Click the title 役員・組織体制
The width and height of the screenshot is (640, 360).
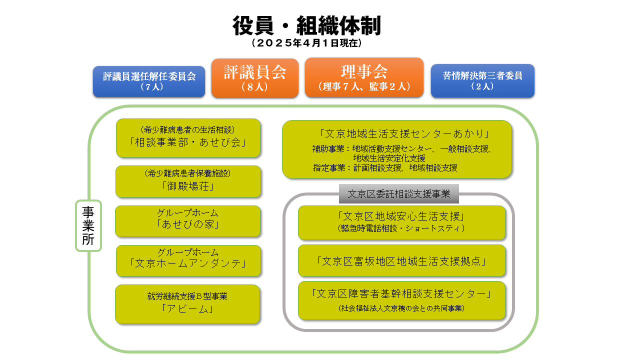click(x=306, y=25)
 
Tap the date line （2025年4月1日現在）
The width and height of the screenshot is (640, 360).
click(x=306, y=43)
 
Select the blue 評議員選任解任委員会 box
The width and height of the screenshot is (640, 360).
click(x=149, y=81)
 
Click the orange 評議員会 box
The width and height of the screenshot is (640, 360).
click(x=255, y=78)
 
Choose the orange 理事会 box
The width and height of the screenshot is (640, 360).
click(x=364, y=77)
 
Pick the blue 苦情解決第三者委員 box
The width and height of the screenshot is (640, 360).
click(x=482, y=80)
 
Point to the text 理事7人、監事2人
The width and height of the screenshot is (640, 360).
click(x=364, y=86)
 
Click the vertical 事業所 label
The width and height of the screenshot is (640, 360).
click(x=88, y=225)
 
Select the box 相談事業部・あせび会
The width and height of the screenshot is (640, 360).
click(x=188, y=138)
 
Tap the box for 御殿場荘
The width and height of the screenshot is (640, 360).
click(x=188, y=181)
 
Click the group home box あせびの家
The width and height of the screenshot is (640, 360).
click(x=187, y=221)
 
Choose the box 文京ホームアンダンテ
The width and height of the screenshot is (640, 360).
click(x=188, y=260)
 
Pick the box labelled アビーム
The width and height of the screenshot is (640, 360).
click(x=187, y=304)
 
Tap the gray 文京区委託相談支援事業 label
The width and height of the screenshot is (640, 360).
click(x=399, y=193)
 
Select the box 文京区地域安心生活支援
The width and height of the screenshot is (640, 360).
click(x=401, y=222)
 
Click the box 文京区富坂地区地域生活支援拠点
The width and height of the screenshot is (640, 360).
click(x=401, y=260)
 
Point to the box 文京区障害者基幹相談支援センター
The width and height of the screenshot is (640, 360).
click(x=401, y=300)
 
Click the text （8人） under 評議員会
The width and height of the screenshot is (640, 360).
click(x=254, y=86)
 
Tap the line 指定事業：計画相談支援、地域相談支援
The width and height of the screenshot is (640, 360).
click(x=385, y=167)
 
